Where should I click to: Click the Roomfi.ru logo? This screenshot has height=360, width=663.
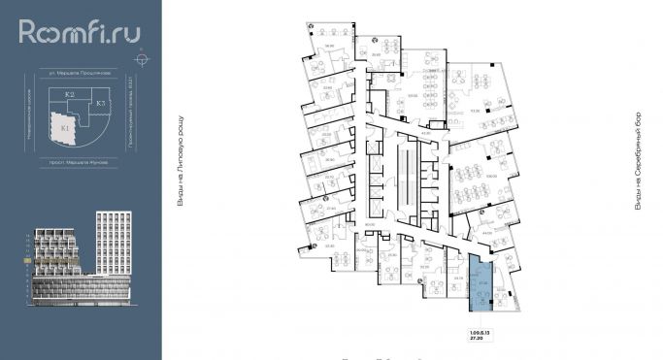pos(79,33)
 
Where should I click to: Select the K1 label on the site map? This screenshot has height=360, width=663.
pos(64,127)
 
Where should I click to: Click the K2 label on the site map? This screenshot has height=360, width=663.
pos(70,94)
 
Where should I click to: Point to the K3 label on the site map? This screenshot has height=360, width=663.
pos(100,101)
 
